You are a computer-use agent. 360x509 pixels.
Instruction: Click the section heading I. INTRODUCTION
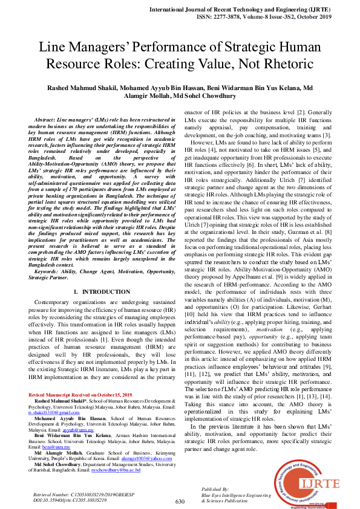(97, 291)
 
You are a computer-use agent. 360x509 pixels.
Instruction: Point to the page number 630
(180, 501)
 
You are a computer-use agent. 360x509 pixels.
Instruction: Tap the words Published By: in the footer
(216, 488)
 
